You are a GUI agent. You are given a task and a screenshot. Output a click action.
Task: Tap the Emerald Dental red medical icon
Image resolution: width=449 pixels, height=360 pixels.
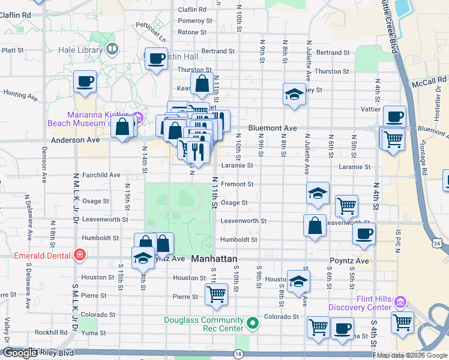click(x=80, y=254)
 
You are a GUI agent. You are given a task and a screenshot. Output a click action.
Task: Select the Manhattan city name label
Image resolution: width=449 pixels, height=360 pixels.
click(x=214, y=259)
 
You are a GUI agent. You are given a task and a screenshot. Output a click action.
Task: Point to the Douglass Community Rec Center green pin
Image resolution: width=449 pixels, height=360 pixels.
click(x=253, y=324)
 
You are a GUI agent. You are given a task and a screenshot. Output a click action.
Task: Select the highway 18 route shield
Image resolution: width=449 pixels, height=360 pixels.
click(x=239, y=355)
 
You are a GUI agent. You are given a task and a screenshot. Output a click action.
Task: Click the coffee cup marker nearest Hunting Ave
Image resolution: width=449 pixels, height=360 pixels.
click(x=85, y=81)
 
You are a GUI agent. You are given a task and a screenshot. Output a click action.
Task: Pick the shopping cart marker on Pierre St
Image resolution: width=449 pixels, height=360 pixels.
click(x=216, y=294)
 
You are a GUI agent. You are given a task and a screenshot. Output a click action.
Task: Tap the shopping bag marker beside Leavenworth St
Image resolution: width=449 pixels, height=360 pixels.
click(x=315, y=226)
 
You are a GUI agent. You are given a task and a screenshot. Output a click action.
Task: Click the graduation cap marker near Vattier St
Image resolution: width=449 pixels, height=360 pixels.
click(x=294, y=94)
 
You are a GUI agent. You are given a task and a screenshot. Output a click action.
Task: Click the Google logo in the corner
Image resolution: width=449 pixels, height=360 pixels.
click(x=20, y=353)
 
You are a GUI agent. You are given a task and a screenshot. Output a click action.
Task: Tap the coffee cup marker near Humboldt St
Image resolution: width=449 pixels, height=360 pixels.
click(x=364, y=233)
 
